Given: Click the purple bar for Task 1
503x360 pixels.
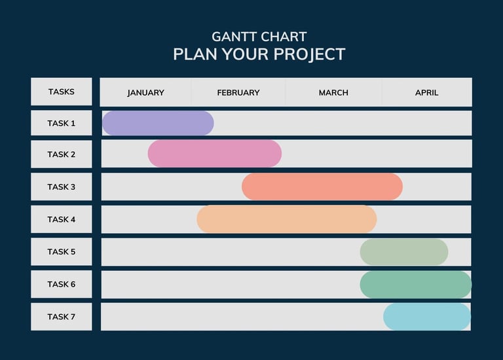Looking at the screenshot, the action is coord(158,123).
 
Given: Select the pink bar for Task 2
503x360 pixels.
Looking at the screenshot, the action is coord(215,154).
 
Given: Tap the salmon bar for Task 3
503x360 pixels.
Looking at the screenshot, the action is coord(322,187).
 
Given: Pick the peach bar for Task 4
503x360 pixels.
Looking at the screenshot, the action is coord(286,219).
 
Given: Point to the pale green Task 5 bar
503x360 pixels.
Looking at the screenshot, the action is coord(404,251).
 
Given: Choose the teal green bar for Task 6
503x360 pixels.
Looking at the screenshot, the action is coord(416,284).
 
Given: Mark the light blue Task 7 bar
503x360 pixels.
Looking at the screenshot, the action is coord(427,317).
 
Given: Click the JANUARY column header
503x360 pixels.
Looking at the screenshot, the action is coord(145,93).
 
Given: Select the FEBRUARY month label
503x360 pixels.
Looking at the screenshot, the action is coord(238,93).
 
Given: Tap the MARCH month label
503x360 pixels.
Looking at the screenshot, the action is coord(333,93).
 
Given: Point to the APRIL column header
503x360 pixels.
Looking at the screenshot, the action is coord(426,93).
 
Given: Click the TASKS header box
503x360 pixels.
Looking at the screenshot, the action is coord(62,92).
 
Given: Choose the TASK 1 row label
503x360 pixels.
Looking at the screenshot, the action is coord(62,123).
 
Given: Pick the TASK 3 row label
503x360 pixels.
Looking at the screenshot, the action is coord(62,187).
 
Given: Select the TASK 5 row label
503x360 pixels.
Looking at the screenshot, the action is coord(62,251).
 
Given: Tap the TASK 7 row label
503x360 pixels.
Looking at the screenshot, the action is coord(62,317).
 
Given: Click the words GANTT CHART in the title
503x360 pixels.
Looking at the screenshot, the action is coord(259,37).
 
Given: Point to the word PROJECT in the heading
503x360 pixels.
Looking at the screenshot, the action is coord(309,54).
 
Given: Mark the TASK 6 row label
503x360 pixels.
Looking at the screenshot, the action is coord(62,284).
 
